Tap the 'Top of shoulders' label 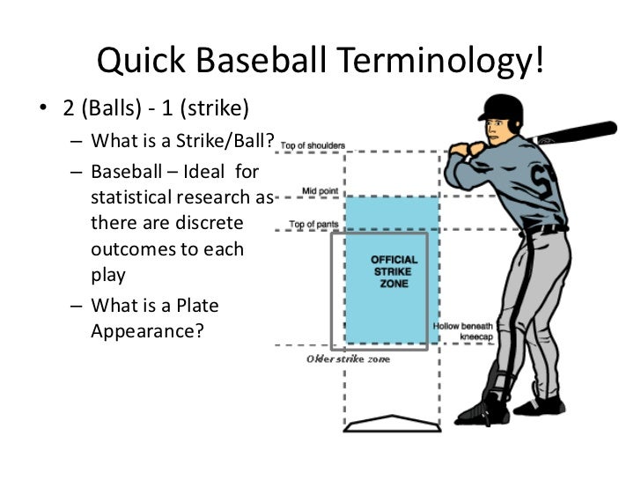point(313,146)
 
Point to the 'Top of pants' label point(314,224)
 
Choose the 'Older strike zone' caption point(349,360)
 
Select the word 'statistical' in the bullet point(133,194)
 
